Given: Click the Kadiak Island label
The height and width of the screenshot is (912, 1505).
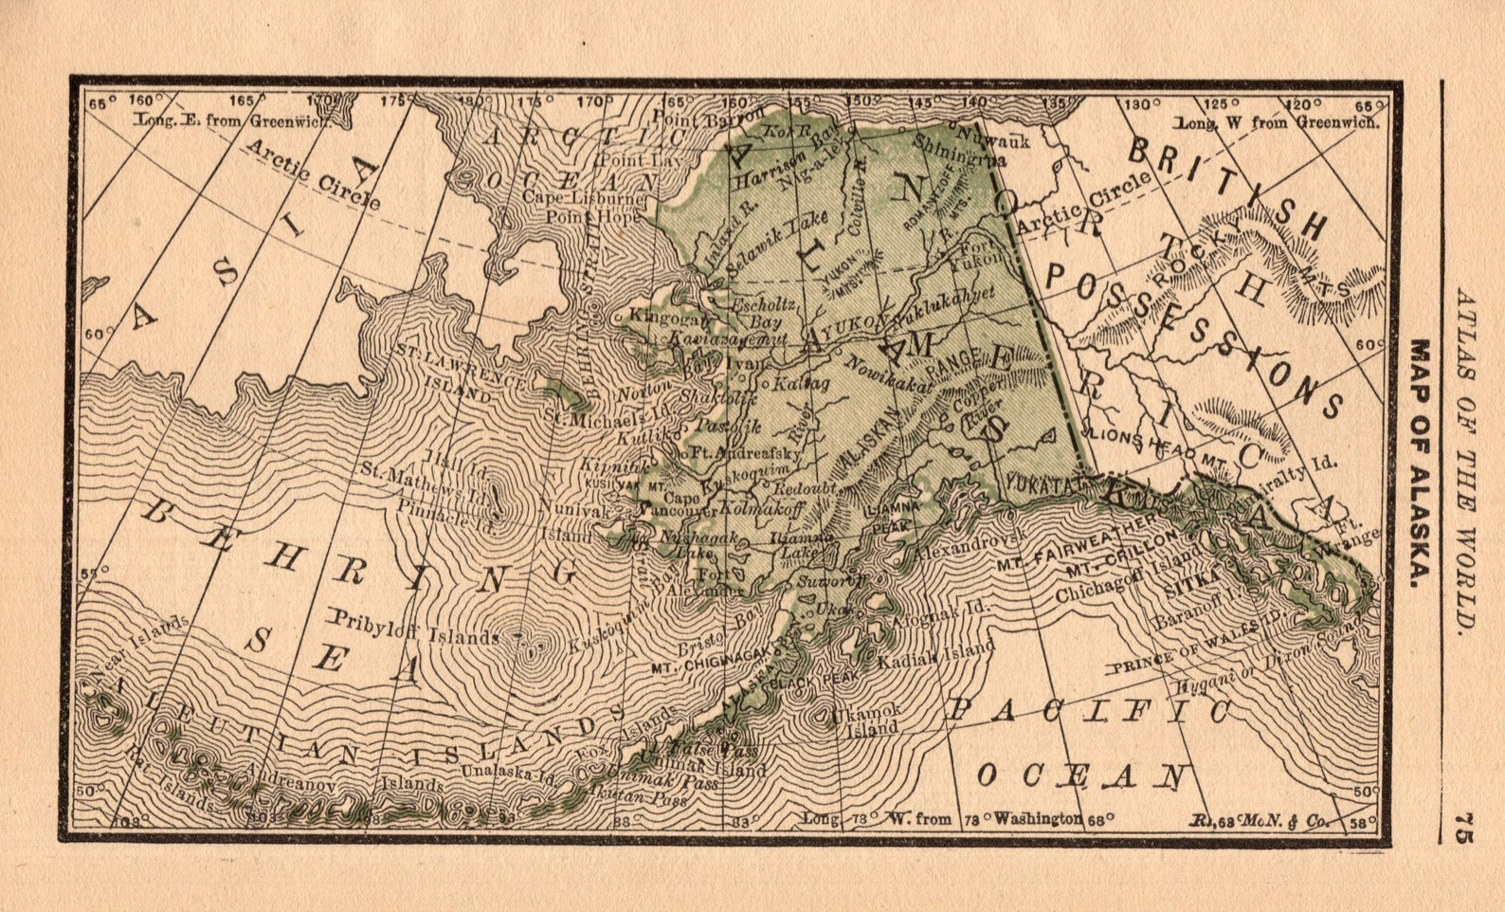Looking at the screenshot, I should click(935, 655).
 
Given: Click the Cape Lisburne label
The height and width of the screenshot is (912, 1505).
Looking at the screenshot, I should click(582, 199).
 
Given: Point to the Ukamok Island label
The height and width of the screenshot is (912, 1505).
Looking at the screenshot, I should click(863, 720).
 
